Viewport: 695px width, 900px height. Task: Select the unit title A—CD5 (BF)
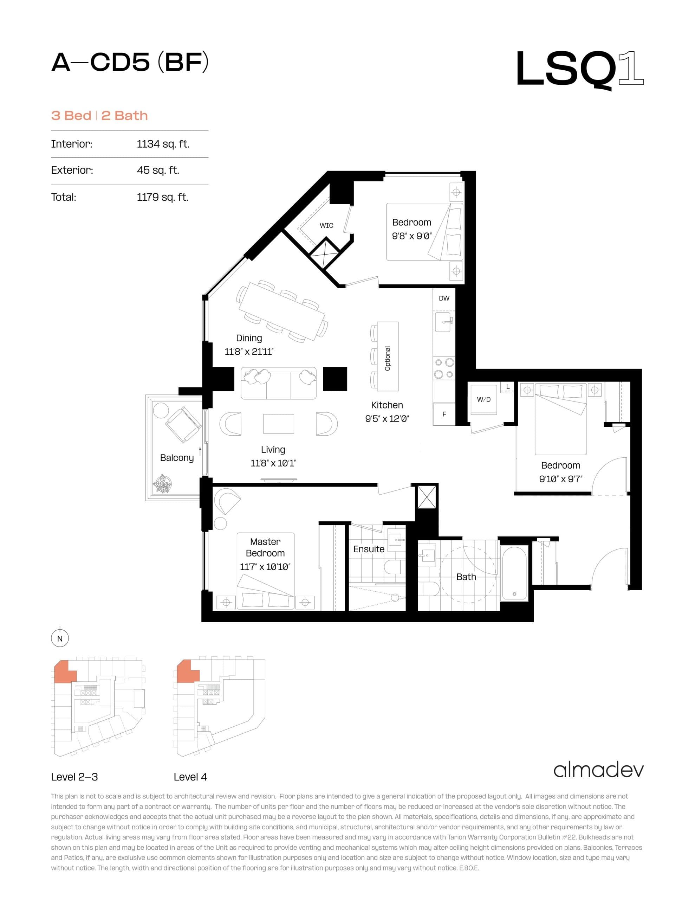coord(130,63)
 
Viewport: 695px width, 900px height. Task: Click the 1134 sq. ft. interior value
coord(163,144)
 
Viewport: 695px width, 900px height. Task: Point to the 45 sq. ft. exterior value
coord(158,170)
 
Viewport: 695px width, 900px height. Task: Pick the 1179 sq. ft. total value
coord(162,197)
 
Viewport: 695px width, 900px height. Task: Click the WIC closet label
coord(326,225)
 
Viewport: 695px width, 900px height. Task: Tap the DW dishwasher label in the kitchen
coord(444,298)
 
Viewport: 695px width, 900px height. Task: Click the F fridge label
coord(444,414)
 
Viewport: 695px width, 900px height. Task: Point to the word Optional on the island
coord(387,358)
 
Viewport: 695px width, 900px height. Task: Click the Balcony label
coord(177,458)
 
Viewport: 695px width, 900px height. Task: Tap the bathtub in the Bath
coord(514,572)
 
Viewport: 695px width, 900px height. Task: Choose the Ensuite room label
coord(369,549)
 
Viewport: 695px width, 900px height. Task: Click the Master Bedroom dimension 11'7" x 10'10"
coord(265,567)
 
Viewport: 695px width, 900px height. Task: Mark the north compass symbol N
coord(60,639)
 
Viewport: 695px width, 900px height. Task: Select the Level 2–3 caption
coord(74,777)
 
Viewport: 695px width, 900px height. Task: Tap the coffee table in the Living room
coord(279,424)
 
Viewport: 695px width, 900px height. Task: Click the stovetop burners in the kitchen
coord(444,368)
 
